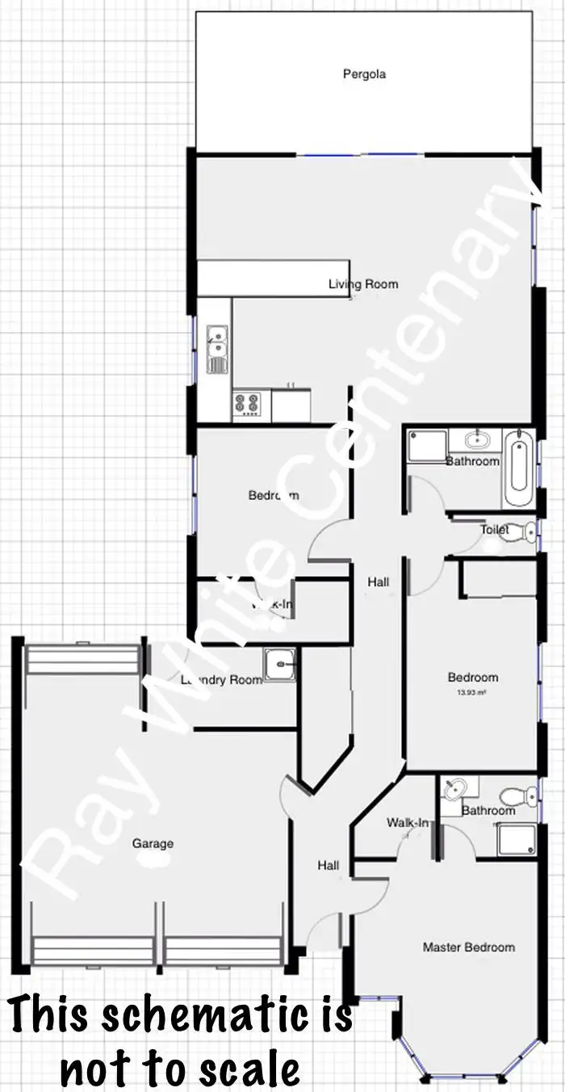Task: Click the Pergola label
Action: pyautogui.click(x=364, y=74)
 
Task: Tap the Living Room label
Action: pyautogui.click(x=362, y=284)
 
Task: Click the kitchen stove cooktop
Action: pyautogui.click(x=245, y=404)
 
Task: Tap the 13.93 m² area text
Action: pyautogui.click(x=472, y=693)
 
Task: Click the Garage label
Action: pyautogui.click(x=153, y=844)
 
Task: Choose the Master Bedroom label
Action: pyautogui.click(x=468, y=947)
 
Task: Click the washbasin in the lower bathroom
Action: pyautogui.click(x=457, y=788)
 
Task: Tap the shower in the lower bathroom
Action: pyautogui.click(x=517, y=838)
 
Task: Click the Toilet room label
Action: pyautogui.click(x=494, y=530)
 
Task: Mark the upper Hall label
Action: pyautogui.click(x=378, y=582)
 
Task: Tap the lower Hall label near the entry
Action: pyautogui.click(x=328, y=866)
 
